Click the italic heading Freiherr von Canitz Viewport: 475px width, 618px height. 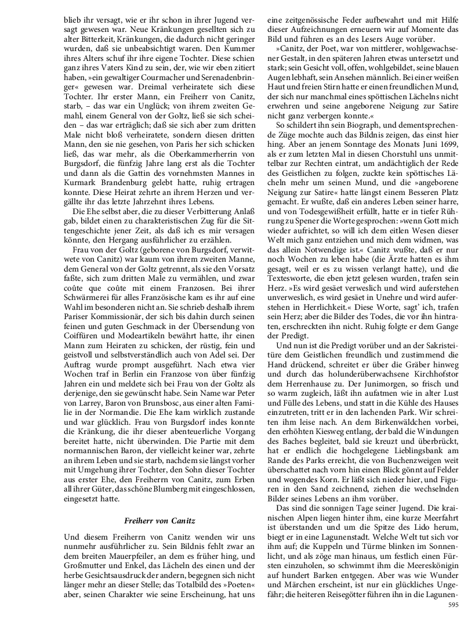[160, 521]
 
